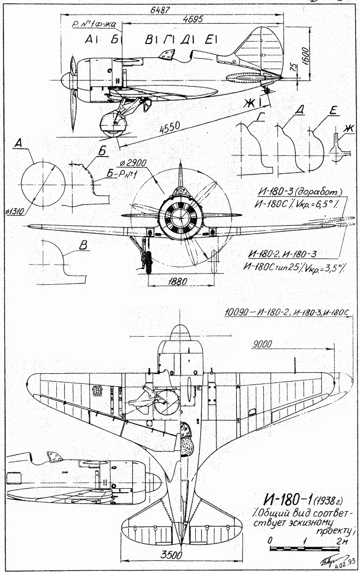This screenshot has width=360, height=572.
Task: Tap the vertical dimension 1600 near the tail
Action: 304,57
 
